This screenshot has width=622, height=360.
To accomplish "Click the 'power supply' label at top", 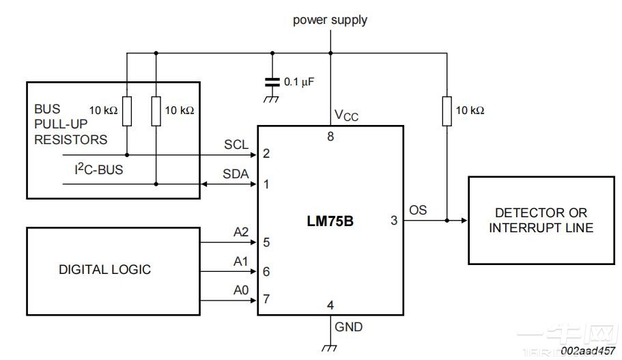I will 330,20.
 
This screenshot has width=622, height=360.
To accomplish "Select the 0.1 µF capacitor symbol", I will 272,82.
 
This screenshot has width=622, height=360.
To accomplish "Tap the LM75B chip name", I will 330,221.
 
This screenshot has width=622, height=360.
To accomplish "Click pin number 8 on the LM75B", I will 330,137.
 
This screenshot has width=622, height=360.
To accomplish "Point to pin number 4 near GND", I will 330,305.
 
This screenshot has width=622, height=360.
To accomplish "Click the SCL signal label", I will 236,145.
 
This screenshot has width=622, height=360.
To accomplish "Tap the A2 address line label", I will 240,233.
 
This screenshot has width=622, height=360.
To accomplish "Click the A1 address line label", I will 240,262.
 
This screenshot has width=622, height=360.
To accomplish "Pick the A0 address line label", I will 240,290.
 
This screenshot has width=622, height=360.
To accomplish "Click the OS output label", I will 418,210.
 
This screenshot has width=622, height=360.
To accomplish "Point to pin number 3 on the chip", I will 393,221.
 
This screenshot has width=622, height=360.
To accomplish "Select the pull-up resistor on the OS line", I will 447,111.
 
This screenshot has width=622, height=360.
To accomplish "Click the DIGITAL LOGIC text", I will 104,269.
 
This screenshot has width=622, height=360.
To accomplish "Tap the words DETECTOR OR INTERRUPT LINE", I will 541,221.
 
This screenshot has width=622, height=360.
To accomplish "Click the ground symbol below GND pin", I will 330,348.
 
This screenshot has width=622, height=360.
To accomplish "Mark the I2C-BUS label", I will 99,169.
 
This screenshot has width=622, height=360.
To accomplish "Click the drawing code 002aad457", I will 588,350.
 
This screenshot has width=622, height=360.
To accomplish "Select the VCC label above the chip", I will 346,115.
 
